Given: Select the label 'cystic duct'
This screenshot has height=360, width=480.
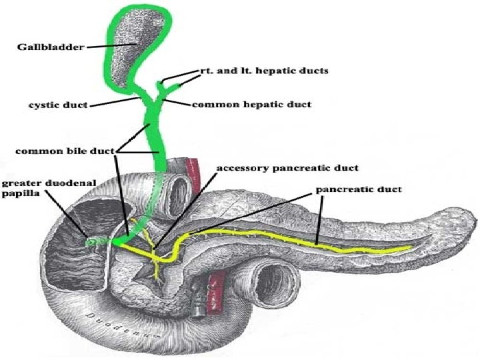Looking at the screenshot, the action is [x=59, y=105].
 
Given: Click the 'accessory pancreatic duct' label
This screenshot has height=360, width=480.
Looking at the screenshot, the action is [x=287, y=168].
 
